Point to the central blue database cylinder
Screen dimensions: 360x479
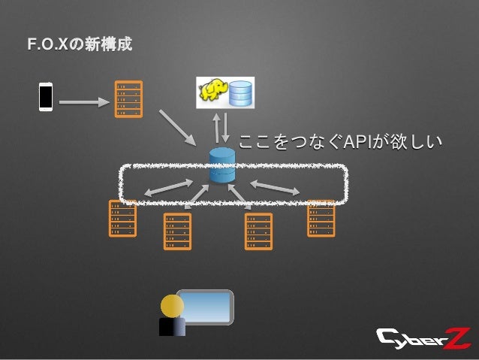pyautogui.click(x=223, y=166)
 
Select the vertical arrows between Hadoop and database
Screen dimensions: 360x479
pyautogui.click(x=222, y=127)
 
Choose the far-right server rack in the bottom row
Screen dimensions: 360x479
pyautogui.click(x=321, y=219)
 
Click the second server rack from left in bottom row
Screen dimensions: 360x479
pyautogui.click(x=176, y=231)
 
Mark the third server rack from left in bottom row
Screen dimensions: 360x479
pyautogui.click(x=258, y=231)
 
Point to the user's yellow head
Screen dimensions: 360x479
pyautogui.click(x=172, y=306)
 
